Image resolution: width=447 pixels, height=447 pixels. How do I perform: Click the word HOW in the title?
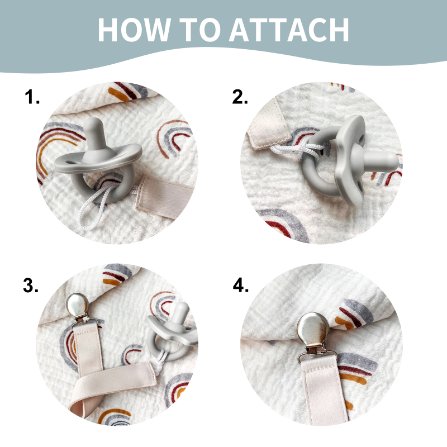click(134, 30)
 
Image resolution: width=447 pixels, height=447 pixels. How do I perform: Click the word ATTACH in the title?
click(289, 30)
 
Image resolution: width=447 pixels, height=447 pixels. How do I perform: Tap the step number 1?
click(32, 97)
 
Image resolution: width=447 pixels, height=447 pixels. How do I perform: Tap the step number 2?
click(240, 97)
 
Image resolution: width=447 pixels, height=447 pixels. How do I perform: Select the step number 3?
click(31, 285)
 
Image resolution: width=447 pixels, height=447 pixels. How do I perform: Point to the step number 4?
click(241, 285)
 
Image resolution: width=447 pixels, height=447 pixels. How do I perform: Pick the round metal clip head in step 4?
click(313, 329)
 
